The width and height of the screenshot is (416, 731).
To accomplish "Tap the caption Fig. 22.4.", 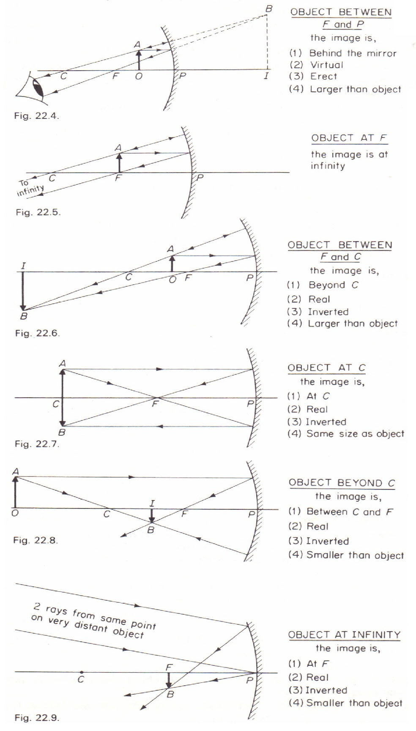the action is tap(36, 115).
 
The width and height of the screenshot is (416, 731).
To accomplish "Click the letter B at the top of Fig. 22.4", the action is tap(268, 9).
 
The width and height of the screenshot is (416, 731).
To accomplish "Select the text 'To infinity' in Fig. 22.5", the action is tap(30, 187).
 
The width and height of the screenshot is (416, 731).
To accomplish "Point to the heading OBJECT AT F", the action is tap(349, 138).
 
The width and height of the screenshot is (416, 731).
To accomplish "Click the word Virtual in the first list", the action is tap(326, 65).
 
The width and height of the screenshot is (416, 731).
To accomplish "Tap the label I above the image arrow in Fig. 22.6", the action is tap(23, 266).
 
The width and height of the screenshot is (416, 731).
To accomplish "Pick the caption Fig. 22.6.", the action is tap(37, 333).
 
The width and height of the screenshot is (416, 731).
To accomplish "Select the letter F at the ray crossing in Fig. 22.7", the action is tap(155, 404).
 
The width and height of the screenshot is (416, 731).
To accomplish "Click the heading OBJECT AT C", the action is tap(327, 368).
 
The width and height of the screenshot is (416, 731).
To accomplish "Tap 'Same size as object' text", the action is tap(355, 434).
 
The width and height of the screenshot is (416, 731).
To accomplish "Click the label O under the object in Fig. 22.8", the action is tap(15, 513).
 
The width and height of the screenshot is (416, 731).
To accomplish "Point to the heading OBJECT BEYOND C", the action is tap(342, 483).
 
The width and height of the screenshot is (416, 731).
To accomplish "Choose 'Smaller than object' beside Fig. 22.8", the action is tap(355, 555).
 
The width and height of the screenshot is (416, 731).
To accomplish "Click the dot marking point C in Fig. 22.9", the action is tap(81, 672).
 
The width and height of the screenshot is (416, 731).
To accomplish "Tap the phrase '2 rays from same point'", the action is tap(95, 616).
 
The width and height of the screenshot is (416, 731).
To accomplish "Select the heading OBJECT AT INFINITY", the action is tap(344, 635).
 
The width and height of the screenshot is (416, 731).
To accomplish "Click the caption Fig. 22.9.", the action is tap(37, 718).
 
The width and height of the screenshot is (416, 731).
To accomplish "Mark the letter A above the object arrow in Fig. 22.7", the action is tap(63, 363).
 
